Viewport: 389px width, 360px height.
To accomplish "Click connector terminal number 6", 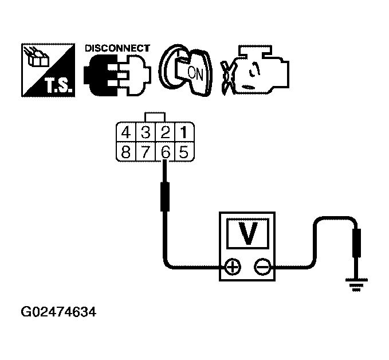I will tap(165, 152).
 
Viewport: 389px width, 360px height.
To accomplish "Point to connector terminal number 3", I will tap(146, 134).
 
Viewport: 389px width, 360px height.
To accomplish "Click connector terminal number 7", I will tap(146, 152).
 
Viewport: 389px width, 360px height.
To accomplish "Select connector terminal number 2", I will tap(165, 134).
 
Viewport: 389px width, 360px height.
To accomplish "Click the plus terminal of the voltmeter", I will tap(232, 267).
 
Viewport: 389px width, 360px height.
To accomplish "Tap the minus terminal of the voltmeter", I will tap(261, 267).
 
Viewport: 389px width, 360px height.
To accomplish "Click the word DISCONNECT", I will tap(117, 48).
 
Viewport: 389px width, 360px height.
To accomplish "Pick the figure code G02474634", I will tap(58, 313).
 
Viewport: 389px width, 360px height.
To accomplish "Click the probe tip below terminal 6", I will tap(165, 194).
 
